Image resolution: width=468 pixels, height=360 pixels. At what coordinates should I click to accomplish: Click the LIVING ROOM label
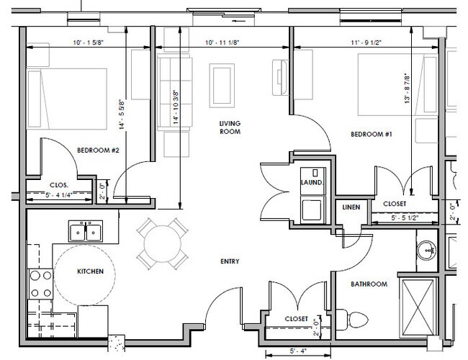pyautogui.click(x=230, y=127)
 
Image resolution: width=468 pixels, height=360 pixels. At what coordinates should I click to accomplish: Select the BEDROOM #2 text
pyautogui.click(x=98, y=150)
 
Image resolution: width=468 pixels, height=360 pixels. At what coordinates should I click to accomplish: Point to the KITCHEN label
pyautogui.click(x=91, y=271)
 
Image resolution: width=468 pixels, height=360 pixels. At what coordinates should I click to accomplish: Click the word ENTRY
pyautogui.click(x=230, y=261)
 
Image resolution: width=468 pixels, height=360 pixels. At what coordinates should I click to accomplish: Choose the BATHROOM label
pyautogui.click(x=369, y=284)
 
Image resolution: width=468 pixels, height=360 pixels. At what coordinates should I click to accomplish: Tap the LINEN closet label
pyautogui.click(x=351, y=207)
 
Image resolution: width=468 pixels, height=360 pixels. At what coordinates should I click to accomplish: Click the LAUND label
pyautogui.click(x=311, y=183)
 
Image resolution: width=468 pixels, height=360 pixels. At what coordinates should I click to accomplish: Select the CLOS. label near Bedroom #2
pyautogui.click(x=59, y=184)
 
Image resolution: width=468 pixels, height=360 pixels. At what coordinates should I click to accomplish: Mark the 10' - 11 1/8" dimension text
pyautogui.click(x=223, y=42)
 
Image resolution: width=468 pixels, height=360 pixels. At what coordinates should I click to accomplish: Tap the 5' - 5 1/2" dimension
pyautogui.click(x=404, y=217)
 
